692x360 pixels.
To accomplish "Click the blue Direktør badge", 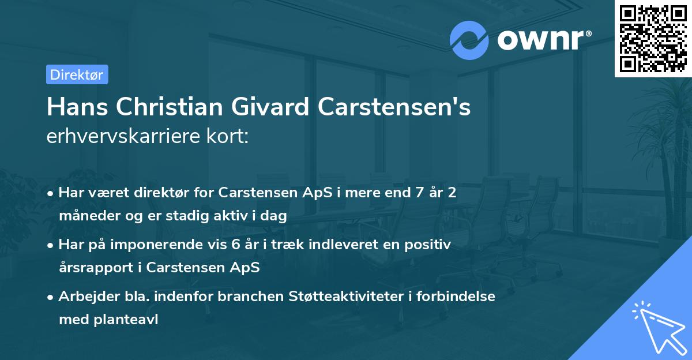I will tap(77, 74).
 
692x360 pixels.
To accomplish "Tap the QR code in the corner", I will tap(653, 39).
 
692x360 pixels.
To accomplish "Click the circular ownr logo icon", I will tap(469, 40).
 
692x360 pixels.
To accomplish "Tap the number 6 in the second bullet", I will tap(235, 245).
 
